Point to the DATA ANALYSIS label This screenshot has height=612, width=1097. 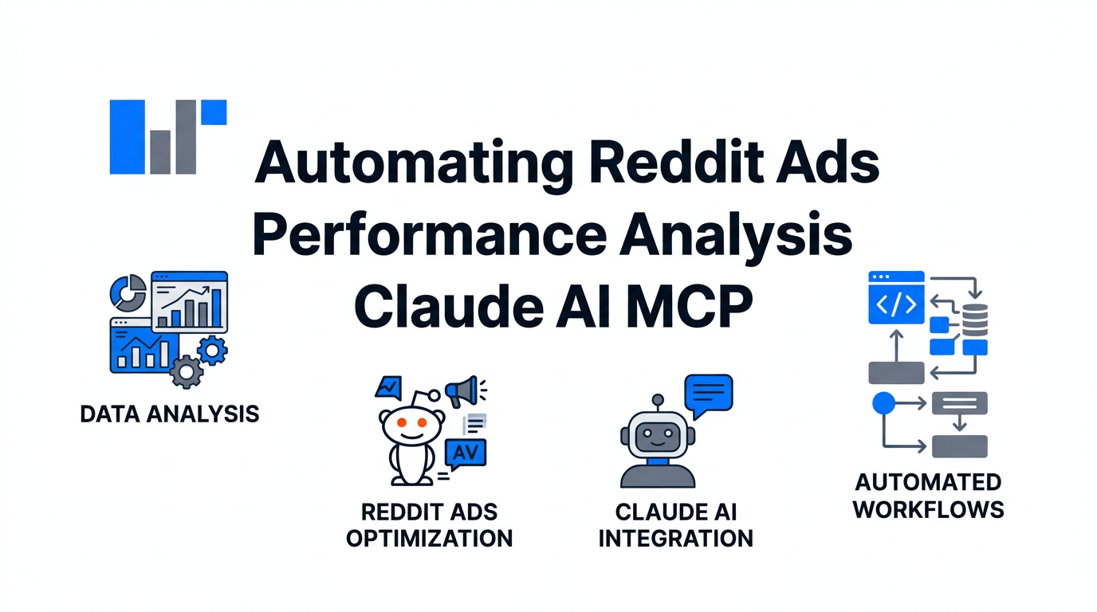coord(170,414)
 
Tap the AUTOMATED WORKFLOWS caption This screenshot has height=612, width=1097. coord(928,496)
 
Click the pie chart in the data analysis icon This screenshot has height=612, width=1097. coord(128,292)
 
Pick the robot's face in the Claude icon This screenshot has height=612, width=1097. coord(657,437)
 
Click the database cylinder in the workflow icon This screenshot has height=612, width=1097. coord(975,319)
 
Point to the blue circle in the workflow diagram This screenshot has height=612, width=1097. coord(883,403)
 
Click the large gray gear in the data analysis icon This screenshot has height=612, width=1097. coord(187,371)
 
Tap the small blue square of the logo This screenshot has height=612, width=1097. coord(214,112)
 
